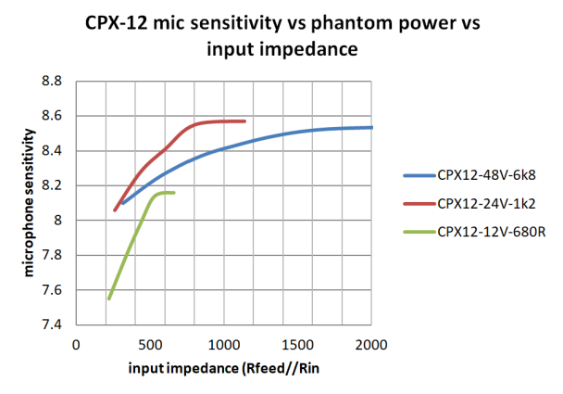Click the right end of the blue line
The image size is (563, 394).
(371, 127)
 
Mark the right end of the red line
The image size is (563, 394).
(245, 121)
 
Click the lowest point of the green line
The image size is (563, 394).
(108, 299)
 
